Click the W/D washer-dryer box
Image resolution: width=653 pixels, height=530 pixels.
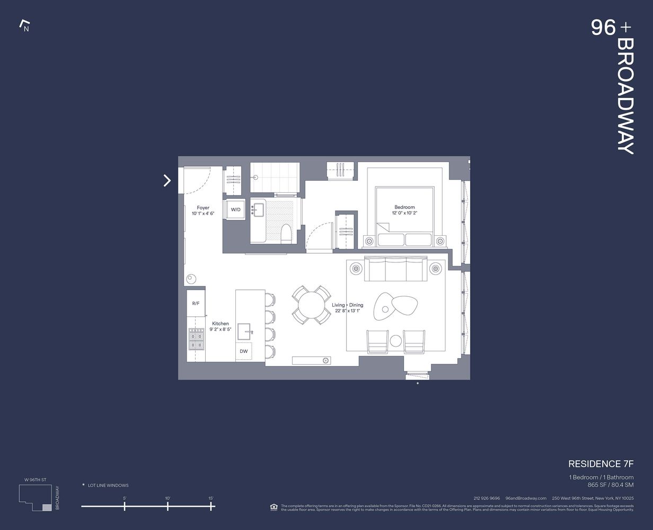tap(235, 210)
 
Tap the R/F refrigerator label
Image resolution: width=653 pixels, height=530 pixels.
tap(196, 303)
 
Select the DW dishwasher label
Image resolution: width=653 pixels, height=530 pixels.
tap(243, 351)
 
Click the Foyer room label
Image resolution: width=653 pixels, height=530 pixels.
tap(203, 208)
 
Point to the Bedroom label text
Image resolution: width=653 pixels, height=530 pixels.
tap(404, 207)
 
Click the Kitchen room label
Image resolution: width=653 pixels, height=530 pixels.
tap(220, 323)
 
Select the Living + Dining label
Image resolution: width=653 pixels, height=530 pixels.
tap(348, 305)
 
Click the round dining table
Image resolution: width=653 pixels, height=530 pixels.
tap(311, 306)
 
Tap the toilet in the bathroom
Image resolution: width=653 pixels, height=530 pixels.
tap(286, 232)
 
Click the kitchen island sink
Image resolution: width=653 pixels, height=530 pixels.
tap(244, 331)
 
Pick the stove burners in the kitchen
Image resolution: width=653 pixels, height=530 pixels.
tap(196, 339)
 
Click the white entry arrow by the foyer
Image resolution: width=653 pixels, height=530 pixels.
tap(167, 181)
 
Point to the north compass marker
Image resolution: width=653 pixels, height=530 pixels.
tap(24, 25)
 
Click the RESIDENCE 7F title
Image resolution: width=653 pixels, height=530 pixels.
tap(601, 464)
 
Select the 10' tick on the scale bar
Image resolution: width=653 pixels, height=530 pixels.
tap(167, 507)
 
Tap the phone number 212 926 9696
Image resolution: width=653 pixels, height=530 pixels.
tap(487, 498)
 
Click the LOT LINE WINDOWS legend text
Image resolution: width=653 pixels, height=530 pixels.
tap(108, 485)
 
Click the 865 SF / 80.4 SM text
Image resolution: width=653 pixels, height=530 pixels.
tap(610, 485)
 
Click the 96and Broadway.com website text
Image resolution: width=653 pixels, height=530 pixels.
tap(526, 498)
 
